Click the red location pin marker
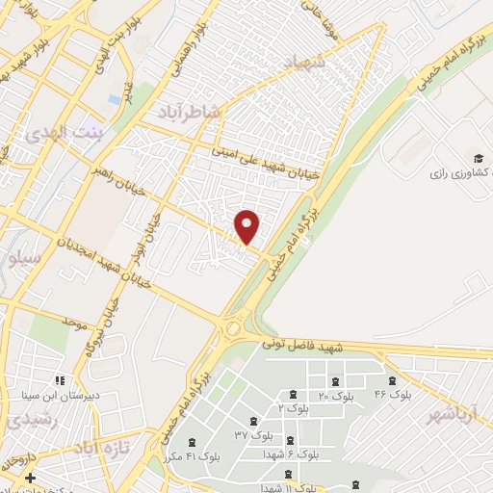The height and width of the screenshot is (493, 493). pos(247,226)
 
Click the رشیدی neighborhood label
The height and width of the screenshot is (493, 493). pos(23,420)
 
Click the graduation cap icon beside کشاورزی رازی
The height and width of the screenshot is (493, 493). pos(479,158)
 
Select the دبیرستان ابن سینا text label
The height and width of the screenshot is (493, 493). pos(59,394)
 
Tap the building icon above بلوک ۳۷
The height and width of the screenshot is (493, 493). pos(252,420)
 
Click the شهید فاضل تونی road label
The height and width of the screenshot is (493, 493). pos(301,345)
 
